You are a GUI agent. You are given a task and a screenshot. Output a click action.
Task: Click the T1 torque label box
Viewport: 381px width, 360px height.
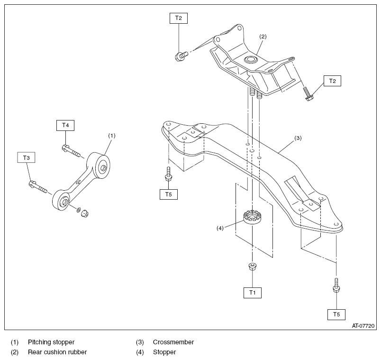pyautogui.click(x=252, y=293)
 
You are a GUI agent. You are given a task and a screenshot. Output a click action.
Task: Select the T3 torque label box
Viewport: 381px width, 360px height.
pyautogui.click(x=27, y=157)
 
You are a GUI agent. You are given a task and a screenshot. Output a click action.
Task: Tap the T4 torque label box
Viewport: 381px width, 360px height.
pyautogui.click(x=65, y=125)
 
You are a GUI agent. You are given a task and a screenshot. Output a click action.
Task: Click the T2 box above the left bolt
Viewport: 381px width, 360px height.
pyautogui.click(x=178, y=18)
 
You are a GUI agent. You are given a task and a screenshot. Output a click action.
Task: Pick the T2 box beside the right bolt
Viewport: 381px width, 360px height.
pyautogui.click(x=332, y=81)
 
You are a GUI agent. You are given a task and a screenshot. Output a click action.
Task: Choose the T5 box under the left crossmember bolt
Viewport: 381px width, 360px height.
pyautogui.click(x=168, y=193)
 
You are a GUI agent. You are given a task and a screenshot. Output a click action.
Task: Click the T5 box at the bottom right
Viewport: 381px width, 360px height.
pyautogui.click(x=336, y=314)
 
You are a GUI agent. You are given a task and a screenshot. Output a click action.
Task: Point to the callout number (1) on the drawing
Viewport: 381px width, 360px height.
pyautogui.click(x=111, y=135)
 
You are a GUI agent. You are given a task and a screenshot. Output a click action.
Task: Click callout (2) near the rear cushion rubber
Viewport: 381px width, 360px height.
pyautogui.click(x=263, y=36)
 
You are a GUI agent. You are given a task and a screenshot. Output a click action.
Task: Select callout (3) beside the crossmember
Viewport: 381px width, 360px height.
pyautogui.click(x=298, y=138)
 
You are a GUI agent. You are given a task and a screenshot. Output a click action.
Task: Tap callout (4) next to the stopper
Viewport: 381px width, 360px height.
pyautogui.click(x=220, y=228)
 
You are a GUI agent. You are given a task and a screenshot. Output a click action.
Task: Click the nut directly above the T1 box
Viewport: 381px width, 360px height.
pyautogui.click(x=252, y=267)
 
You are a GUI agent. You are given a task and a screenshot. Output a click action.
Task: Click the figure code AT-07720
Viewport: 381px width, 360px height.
pyautogui.click(x=363, y=326)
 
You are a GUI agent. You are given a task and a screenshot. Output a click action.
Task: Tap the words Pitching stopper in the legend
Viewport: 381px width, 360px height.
pyautogui.click(x=51, y=342)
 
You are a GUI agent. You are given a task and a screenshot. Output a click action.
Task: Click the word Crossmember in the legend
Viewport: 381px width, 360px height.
pyautogui.click(x=173, y=342)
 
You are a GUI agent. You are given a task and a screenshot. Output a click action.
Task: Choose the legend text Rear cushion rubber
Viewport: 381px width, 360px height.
pyautogui.click(x=57, y=352)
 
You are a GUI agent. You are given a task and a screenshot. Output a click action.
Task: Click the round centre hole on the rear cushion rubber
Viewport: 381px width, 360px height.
pyautogui.click(x=250, y=59)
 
